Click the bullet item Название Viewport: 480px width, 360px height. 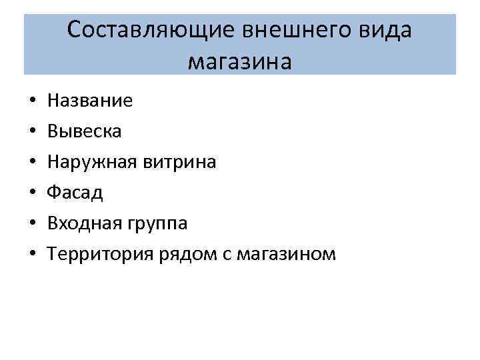[90, 101]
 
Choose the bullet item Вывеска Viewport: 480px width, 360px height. [84, 132]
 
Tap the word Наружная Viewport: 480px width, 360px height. [89, 163]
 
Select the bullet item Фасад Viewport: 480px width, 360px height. [75, 193]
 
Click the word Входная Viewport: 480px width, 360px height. [83, 224]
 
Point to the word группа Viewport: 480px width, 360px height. [155, 224]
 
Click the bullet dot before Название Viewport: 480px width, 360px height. [31, 102]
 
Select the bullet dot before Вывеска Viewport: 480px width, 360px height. [31, 133]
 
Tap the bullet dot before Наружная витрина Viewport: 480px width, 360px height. [31, 163]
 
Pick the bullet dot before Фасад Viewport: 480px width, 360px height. [31, 194]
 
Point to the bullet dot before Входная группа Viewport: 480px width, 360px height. [31, 225]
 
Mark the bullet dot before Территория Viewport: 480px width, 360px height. [31, 255]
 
